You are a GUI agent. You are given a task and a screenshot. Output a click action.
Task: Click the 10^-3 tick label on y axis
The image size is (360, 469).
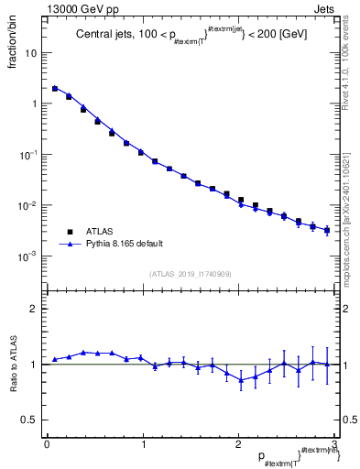click(29, 256)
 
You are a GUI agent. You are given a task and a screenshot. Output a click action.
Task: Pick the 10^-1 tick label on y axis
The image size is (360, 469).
click(29, 155)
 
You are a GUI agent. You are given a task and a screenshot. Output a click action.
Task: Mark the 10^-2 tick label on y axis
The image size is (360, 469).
click(29, 205)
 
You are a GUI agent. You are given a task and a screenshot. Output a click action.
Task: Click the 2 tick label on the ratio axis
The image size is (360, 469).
click(34, 309)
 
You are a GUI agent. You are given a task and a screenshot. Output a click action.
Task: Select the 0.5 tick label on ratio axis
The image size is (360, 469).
click(30, 420)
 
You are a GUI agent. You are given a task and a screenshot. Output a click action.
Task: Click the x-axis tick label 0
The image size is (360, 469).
click(46, 444)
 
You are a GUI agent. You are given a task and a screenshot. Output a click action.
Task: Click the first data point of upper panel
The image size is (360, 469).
click(55, 89)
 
